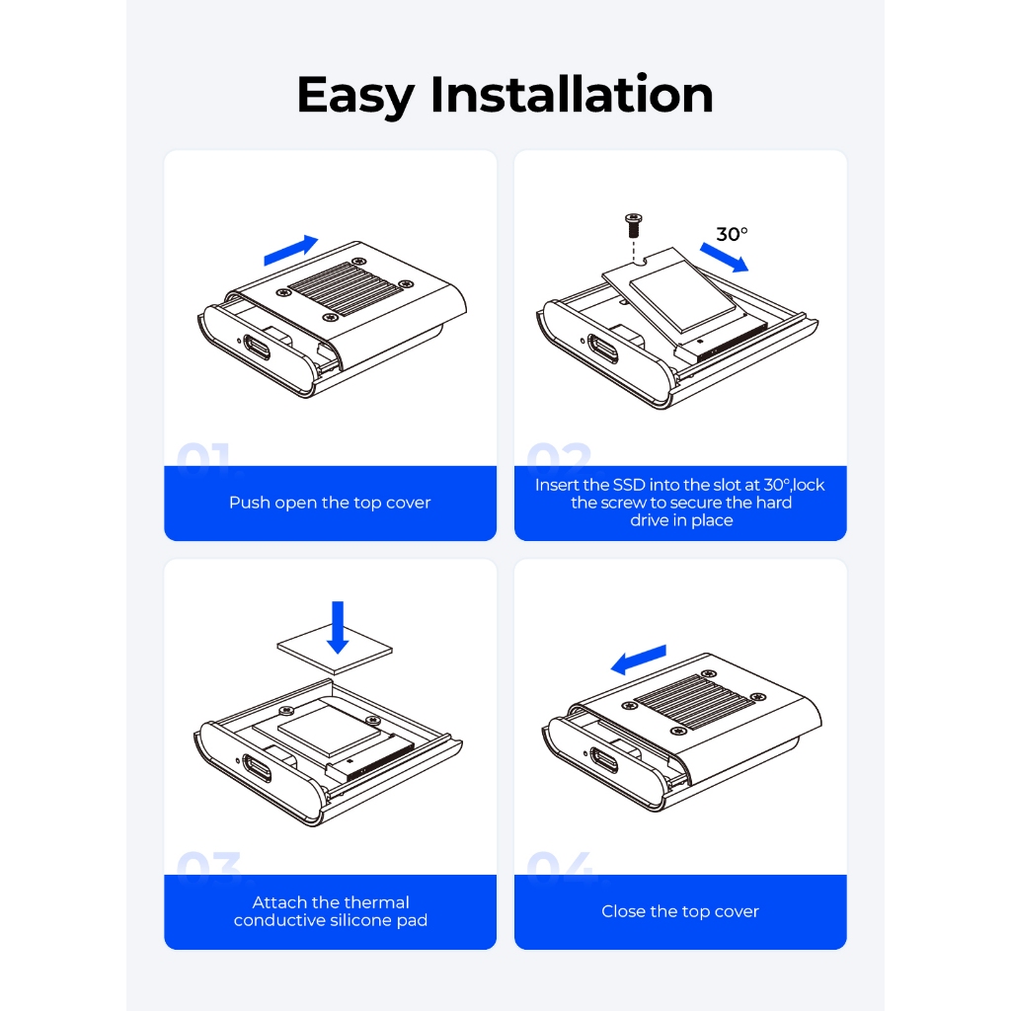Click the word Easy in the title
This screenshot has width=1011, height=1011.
pos(355,96)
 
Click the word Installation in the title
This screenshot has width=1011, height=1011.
pos(572,94)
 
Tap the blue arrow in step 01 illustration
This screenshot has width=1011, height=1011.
pos(291,250)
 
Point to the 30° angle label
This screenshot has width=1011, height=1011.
pos(732,233)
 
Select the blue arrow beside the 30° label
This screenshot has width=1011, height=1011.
pos(724,258)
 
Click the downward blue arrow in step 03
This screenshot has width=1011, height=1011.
pos(338,627)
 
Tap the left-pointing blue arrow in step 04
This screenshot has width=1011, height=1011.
pos(639,660)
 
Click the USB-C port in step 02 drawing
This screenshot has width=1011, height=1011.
pos(603,349)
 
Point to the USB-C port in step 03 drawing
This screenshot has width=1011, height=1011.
pos(256,767)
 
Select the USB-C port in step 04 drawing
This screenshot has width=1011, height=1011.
pos(603,759)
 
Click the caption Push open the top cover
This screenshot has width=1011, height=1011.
pos(330,503)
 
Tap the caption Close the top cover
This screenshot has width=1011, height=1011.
pos(680,911)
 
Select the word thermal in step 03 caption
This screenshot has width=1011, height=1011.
pos(377,902)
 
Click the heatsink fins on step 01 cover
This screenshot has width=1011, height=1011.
pos(345,288)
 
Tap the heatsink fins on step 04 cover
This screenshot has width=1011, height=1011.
pos(693,702)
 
